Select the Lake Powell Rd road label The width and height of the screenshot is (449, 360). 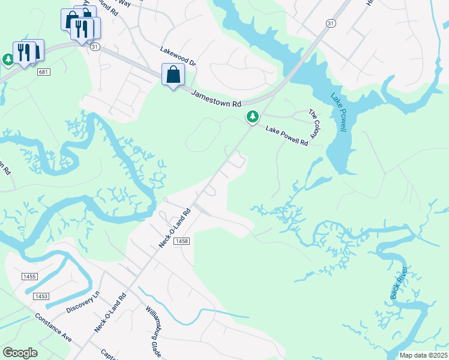coord(287,136)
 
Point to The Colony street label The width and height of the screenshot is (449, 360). coord(315,122)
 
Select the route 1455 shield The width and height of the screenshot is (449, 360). coord(29,276)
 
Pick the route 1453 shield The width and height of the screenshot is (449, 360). coord(41,296)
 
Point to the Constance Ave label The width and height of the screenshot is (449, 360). coord(53,328)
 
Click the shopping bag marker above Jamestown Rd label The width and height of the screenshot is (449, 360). coord(173,75)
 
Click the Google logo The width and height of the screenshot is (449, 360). coord(20,353)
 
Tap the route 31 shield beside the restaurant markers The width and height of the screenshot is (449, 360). coord(95,46)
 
